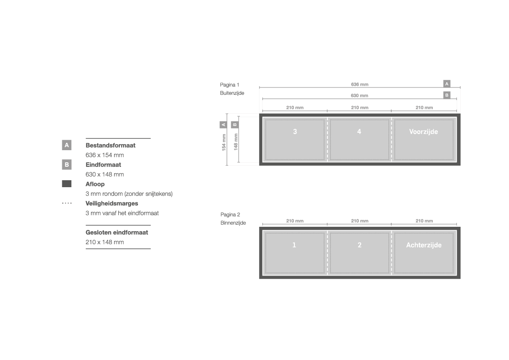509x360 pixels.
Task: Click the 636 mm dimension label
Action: coord(359,84)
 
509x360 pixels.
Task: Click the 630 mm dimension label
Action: coord(359,96)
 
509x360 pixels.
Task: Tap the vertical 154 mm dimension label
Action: coord(224,142)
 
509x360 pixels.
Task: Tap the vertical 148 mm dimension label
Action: coord(236,142)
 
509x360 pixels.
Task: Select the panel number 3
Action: coord(295,131)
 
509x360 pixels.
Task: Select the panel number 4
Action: coord(359,131)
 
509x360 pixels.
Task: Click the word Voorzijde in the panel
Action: coord(423,132)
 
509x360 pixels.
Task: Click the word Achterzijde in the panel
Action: coord(424,245)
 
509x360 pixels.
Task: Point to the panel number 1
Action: coord(294,245)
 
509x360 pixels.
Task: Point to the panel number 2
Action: coord(359,245)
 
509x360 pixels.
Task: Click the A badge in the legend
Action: coord(67,145)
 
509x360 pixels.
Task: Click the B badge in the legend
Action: coord(67,165)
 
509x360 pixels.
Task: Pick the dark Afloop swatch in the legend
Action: coord(67,184)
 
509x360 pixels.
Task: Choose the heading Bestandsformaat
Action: coord(110,145)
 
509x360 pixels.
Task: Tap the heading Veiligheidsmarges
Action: coord(111,204)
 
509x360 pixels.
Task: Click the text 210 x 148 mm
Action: coord(104,242)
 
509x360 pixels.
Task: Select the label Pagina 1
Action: coord(229,85)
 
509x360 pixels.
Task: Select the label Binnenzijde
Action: coord(233,223)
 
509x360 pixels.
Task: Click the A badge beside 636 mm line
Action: coord(447,84)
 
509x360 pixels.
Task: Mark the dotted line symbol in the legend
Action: coord(67,203)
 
